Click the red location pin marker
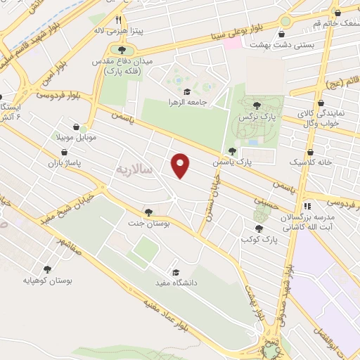pos(181,165)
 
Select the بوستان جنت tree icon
pos(148,212)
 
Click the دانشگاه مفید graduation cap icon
pos(175,273)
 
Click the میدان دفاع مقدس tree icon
pos(122,50)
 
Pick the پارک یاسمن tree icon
pos(232,152)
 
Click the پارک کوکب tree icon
pos(259,229)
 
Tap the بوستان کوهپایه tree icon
pos(47,269)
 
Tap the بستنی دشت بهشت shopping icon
pos(281,33)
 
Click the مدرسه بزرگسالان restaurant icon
pos(307,206)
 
